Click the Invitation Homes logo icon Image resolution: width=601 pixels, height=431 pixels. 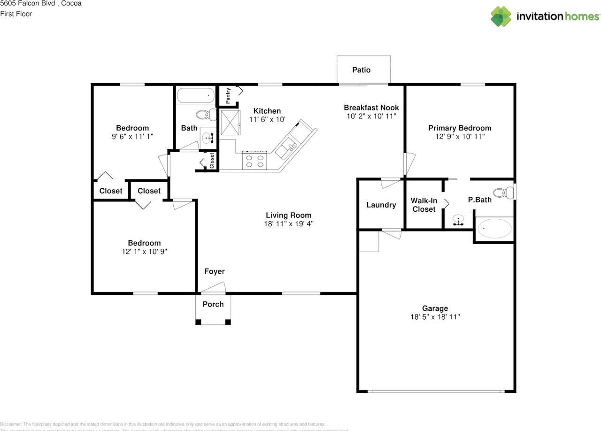tap(501, 16)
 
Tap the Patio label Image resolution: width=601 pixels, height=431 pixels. tap(362, 70)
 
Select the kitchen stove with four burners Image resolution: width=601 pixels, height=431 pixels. tap(254, 160)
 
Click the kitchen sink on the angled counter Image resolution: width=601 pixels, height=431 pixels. tap(285, 149)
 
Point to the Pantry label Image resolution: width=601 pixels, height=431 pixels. tap(228, 95)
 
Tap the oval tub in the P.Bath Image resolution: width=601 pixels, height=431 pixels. tap(494, 230)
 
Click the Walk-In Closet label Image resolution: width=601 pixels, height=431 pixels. tap(424, 205)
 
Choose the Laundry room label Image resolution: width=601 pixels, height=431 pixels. tap(381, 205)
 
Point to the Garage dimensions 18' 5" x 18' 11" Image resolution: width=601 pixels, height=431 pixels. tap(435, 317)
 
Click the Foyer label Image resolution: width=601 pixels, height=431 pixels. tap(214, 271)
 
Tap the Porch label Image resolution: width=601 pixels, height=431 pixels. tap(213, 304)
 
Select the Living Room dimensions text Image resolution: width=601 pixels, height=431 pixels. tap(288, 224)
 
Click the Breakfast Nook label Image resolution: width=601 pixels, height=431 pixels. tap(371, 108)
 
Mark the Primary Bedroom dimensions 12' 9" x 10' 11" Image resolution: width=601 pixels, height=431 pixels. tap(460, 136)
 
